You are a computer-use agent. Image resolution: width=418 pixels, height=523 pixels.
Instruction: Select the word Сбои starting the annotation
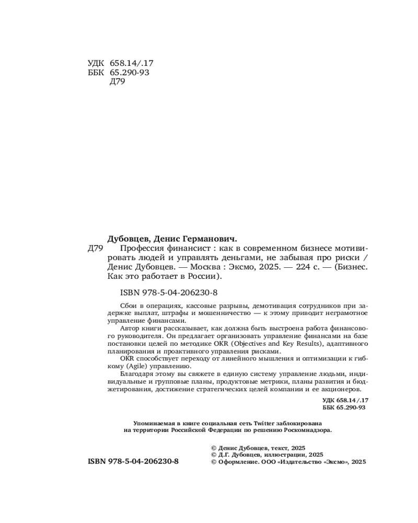click(128, 305)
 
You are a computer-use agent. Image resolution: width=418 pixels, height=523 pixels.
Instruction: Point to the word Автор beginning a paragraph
click(130, 328)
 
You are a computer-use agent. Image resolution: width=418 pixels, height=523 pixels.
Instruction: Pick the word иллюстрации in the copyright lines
click(287, 455)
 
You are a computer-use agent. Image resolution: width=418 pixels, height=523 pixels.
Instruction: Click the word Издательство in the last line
click(299, 462)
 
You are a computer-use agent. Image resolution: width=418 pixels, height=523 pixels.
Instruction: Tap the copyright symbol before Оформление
click(213, 462)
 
